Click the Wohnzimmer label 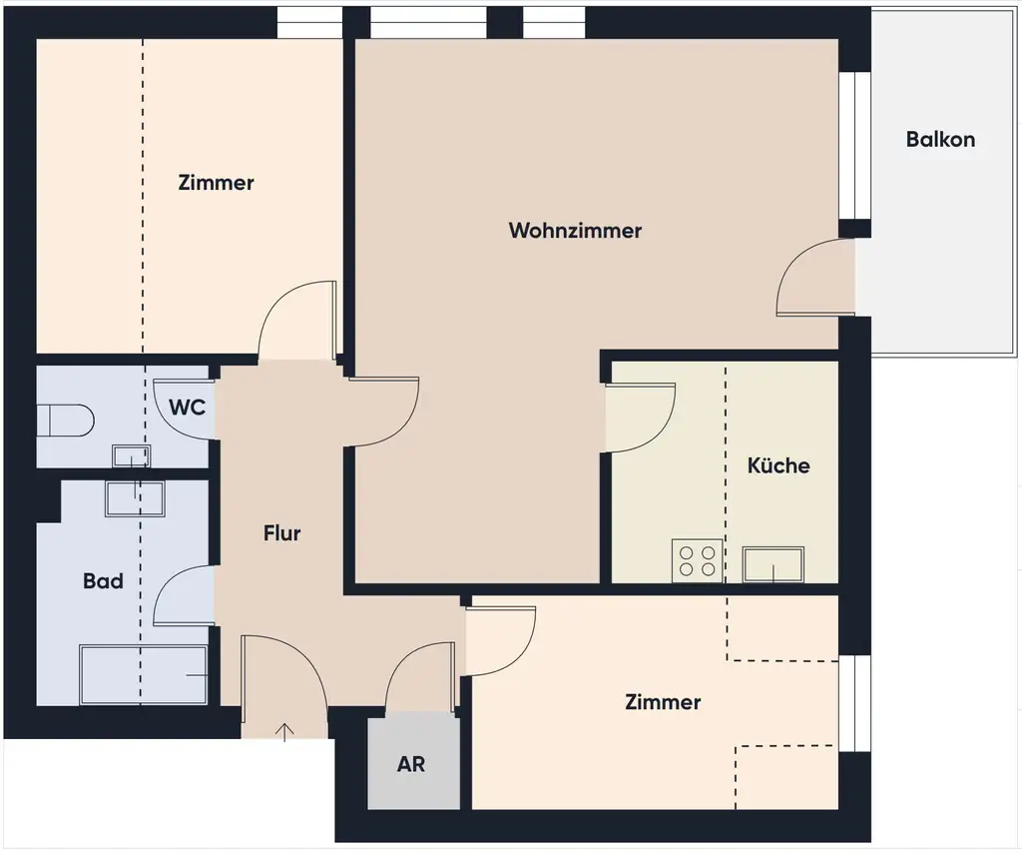tap(575, 231)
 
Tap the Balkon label tap(940, 140)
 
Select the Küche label tap(778, 465)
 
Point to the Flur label tap(281, 533)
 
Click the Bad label tap(103, 580)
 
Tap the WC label tap(188, 408)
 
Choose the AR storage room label tap(411, 764)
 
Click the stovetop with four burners tap(697, 559)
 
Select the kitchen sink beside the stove tap(773, 564)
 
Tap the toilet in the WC tap(65, 420)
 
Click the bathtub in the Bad tap(143, 675)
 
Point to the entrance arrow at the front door tap(285, 732)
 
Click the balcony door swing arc tap(810, 280)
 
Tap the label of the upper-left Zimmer tap(216, 183)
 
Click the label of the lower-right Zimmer tap(663, 702)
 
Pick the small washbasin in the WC tap(131, 456)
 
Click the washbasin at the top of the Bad tap(136, 497)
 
